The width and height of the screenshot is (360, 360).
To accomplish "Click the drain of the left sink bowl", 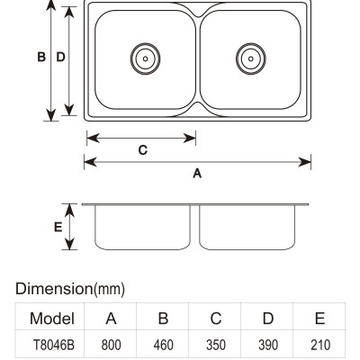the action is (x=145, y=58).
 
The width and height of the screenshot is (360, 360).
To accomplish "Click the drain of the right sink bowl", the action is (x=251, y=58).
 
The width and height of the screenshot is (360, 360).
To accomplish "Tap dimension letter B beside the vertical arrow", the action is (x=41, y=57).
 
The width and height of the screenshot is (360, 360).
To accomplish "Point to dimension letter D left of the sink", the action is (x=60, y=57).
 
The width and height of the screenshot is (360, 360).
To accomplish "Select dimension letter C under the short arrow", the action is (x=143, y=149).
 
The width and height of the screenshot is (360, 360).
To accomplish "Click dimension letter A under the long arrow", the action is (x=197, y=173).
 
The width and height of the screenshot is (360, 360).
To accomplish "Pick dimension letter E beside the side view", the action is (x=58, y=227).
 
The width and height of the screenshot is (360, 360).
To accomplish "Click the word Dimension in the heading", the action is (x=54, y=289).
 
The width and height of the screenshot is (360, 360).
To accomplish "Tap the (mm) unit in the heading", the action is (x=109, y=290).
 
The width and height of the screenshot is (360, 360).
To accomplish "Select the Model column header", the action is (x=52, y=319).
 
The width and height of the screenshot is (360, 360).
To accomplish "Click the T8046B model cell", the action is (x=53, y=345).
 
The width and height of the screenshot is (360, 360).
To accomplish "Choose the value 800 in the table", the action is (x=111, y=345).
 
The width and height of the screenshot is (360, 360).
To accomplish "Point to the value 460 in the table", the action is (x=163, y=345).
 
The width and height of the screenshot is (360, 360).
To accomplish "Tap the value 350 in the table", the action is (x=216, y=345).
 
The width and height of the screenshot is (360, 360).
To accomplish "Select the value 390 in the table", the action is (x=268, y=345).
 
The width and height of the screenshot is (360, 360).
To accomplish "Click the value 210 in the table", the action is (x=320, y=345).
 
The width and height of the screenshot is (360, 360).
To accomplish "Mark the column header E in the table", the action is (x=320, y=319).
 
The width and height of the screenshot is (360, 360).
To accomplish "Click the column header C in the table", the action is (x=216, y=319).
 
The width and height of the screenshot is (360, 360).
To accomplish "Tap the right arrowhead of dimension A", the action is (x=305, y=162).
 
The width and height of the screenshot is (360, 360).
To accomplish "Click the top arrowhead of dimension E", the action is (x=69, y=210).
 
